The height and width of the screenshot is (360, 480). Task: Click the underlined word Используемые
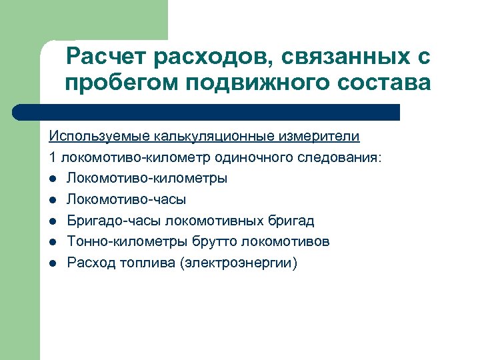point(100,137)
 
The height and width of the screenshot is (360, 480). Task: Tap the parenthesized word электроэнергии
point(238,263)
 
